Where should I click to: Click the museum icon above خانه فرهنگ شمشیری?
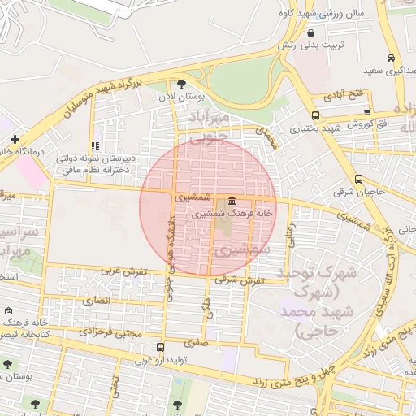coord(232,201)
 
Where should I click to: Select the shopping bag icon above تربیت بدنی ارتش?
coord(312,32)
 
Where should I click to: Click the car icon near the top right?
coord(392,58)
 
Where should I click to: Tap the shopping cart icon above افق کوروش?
coord(367,112)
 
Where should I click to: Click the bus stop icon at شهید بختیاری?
coord(315,115)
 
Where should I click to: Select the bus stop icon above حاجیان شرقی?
coord(359,180)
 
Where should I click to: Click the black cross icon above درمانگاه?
coord(15,139)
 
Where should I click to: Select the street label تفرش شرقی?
coord(236,279)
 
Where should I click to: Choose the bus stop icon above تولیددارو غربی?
coord(158,348)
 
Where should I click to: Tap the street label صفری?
coord(196,343)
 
